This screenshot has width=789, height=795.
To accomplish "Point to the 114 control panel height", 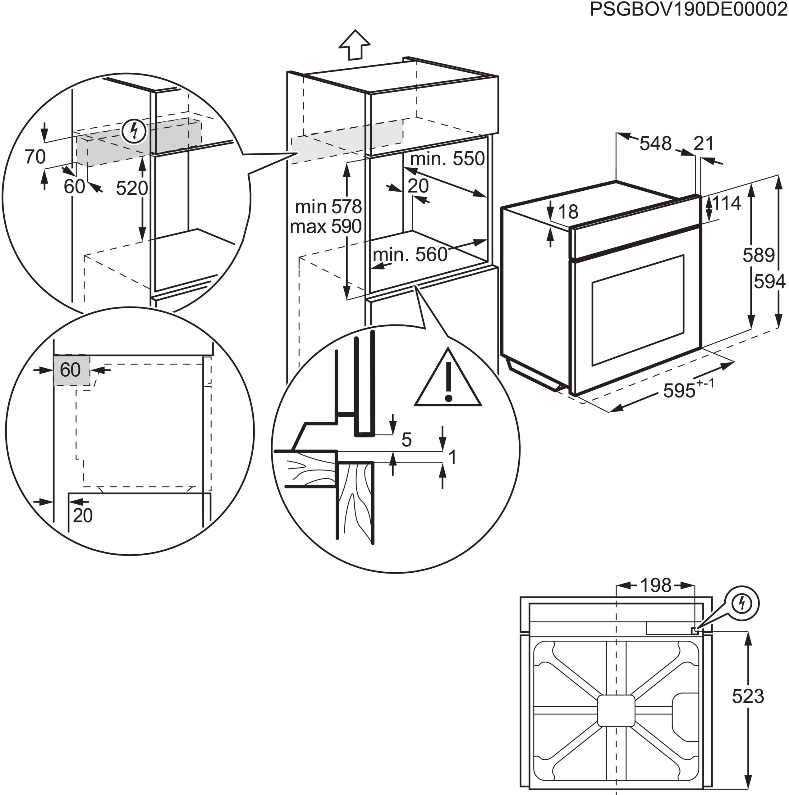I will (x=727, y=203).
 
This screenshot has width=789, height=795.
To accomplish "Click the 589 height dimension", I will (x=758, y=256).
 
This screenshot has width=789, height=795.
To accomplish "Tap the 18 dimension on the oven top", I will (x=568, y=212).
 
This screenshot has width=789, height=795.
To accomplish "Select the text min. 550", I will (x=447, y=159).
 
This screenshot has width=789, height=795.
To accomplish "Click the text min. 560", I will (x=410, y=255).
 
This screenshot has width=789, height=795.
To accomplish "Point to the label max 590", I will (x=325, y=227).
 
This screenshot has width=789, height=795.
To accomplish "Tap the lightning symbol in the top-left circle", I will (x=134, y=131).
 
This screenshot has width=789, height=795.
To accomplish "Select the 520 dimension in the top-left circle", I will (x=131, y=189).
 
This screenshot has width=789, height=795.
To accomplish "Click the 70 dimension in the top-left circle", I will (x=35, y=157).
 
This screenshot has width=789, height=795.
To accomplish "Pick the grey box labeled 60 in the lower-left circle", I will (x=71, y=370).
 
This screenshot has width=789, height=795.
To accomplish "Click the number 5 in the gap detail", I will (x=406, y=440).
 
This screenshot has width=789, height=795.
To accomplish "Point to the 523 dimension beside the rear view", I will (x=747, y=696).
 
